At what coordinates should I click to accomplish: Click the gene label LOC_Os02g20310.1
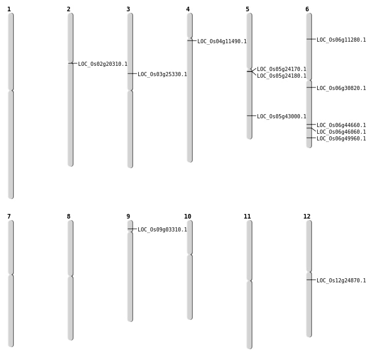(x=102, y=64)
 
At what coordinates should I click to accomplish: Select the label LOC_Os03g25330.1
(x=162, y=75)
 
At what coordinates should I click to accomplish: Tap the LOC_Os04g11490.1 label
(x=222, y=42)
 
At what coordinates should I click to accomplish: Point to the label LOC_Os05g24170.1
(x=281, y=69)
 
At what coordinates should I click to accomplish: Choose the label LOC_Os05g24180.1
(x=281, y=76)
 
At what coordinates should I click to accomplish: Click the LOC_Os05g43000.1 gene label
(x=281, y=117)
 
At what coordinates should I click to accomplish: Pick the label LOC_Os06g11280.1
(x=341, y=40)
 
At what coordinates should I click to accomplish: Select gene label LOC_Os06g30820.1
(x=341, y=88)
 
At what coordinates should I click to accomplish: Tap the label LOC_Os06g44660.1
(x=341, y=125)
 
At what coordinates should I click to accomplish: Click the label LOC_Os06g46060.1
(x=341, y=132)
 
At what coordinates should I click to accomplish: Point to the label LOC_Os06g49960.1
(x=341, y=139)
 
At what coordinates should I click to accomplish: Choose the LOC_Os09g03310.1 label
(x=162, y=230)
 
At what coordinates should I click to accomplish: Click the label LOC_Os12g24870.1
(x=341, y=281)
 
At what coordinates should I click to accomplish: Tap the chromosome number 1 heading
(x=9, y=9)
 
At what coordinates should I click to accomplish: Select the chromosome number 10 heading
(x=188, y=217)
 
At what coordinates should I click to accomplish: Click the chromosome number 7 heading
(x=9, y=217)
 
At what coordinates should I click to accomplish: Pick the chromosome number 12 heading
(x=307, y=217)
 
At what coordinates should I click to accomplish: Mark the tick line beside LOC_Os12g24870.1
(x=311, y=280)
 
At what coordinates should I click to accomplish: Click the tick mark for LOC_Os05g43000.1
(x=251, y=116)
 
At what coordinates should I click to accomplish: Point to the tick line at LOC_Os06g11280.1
(x=311, y=39)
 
